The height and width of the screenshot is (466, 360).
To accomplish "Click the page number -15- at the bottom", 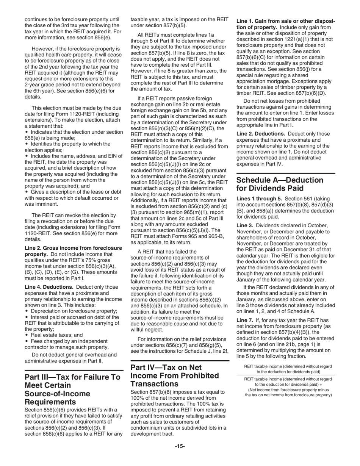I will point(180,446).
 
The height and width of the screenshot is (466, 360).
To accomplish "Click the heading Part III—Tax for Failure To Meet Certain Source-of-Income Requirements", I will point(72,389).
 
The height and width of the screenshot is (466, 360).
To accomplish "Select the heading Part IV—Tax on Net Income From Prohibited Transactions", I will point(175,375).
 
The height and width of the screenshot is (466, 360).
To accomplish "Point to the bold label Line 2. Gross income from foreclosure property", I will point(73,251).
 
